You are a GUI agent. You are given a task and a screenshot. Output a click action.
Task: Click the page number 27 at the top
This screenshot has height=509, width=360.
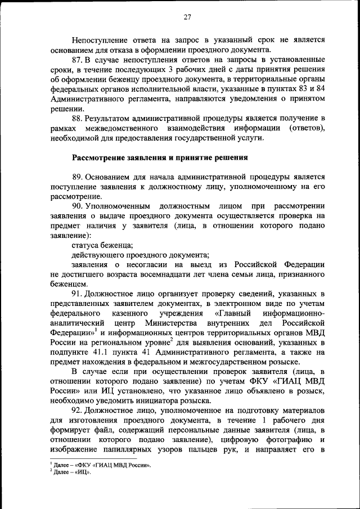187,17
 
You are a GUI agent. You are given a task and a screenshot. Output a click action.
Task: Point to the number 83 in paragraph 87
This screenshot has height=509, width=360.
295,88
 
